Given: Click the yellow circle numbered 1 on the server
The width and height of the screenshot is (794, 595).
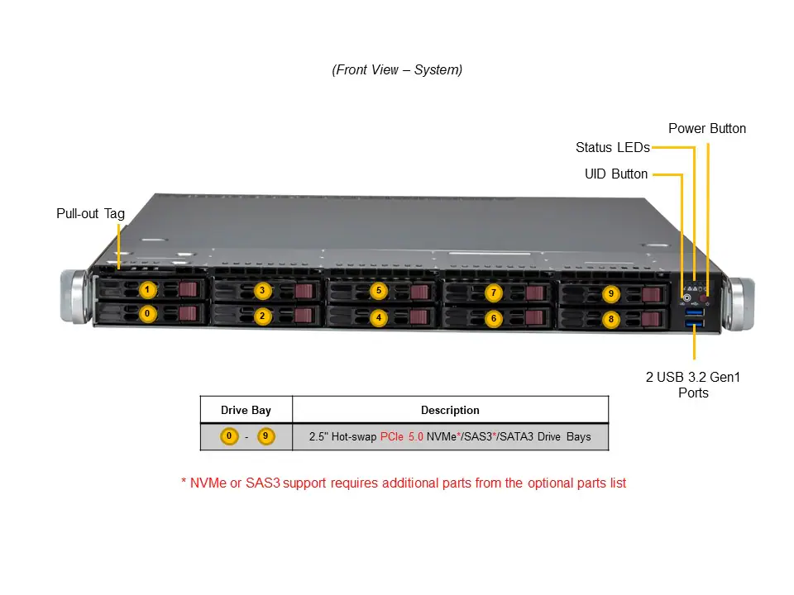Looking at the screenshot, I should coord(147,290).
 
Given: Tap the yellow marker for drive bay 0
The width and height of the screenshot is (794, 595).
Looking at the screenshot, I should coord(147,314).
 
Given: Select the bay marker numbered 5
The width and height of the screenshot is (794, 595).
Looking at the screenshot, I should coord(378,291).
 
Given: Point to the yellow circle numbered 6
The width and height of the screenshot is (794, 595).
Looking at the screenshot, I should coord(493,317).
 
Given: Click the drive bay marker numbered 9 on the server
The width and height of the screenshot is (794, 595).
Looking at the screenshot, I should coord(610,293).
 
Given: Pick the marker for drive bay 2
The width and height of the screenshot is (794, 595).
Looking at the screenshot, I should coord(262,316).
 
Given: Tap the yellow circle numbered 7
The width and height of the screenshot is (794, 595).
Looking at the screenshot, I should coord(494,293).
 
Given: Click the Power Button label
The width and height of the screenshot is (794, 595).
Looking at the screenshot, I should coord(706,129).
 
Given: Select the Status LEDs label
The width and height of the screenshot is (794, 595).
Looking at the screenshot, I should coord(612,148).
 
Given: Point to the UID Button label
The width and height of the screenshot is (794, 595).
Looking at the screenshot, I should coord(616,174).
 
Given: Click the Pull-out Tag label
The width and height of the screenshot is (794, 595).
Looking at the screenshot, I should coord(90,214).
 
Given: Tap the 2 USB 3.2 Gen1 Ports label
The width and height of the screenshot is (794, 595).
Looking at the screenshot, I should coord(693,385).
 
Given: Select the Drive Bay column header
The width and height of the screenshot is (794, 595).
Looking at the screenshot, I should coord(246,410).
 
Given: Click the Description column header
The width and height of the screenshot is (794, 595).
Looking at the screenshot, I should coord(450,410).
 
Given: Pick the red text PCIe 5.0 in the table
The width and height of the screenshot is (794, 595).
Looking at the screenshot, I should coord(401,436).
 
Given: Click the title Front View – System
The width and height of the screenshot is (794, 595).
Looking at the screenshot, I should coord(397,70).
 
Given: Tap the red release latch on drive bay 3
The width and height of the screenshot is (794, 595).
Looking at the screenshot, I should coord(304,291).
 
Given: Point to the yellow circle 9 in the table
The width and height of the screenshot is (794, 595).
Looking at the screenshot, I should coord(265,436).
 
